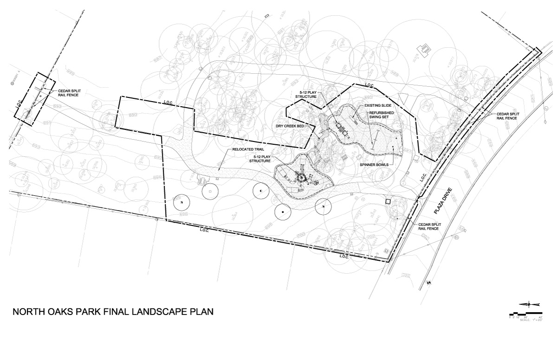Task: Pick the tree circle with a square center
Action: pos(210,191)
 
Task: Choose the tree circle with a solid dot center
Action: pos(282,212)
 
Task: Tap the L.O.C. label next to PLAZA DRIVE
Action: pos(424,178)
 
